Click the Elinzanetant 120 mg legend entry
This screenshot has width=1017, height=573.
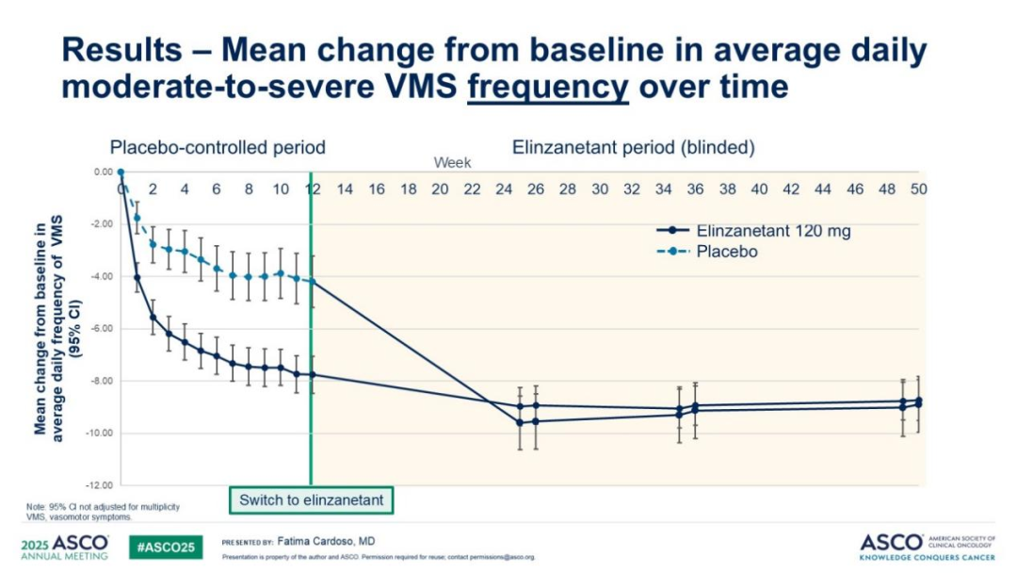(772, 231)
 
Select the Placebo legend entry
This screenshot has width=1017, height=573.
(727, 252)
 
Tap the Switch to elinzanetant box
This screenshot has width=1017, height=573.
(312, 499)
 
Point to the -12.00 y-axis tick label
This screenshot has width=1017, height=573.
(98, 485)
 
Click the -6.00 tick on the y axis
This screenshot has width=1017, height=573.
(98, 329)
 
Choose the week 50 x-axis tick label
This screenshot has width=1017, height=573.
(919, 188)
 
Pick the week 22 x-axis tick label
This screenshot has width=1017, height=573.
(472, 188)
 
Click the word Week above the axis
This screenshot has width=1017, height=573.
(452, 163)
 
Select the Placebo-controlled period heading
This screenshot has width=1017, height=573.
(218, 148)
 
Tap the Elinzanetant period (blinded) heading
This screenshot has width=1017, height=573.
(634, 148)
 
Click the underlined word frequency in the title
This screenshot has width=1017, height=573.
(548, 87)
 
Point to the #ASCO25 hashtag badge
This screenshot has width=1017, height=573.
(166, 547)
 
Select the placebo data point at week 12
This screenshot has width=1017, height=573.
(312, 282)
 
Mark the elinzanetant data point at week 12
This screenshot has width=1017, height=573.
(312, 375)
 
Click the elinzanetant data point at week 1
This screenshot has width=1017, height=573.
(137, 278)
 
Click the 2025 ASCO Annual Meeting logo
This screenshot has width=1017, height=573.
(64, 548)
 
